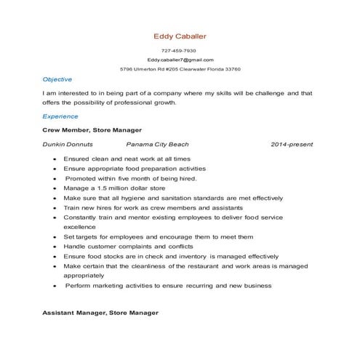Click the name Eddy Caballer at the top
point(180,36)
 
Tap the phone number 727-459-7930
point(180,51)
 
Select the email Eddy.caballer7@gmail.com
point(180,60)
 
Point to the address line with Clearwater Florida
point(180,69)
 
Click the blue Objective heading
point(57,79)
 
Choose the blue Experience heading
point(60,116)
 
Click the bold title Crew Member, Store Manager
point(92,129)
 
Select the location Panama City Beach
point(157,145)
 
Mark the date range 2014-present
point(292,145)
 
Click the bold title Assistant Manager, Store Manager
point(100,312)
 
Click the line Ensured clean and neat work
point(127,158)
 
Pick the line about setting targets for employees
point(159,236)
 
